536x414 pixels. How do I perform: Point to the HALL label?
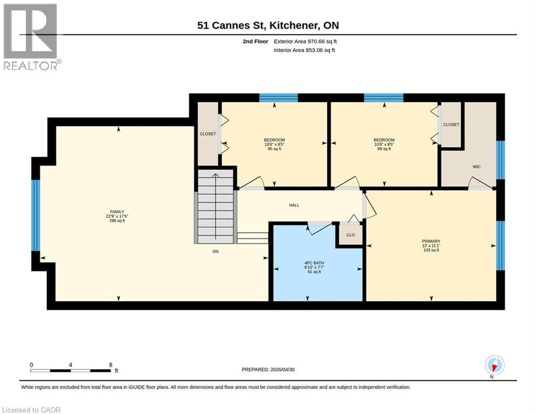(x=294, y=205)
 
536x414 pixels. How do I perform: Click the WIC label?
(x=477, y=167)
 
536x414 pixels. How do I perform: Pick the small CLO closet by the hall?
(x=351, y=235)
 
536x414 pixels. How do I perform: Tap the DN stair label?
(x=215, y=251)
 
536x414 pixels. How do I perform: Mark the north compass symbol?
(x=494, y=365)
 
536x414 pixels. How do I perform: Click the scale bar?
(x=71, y=370)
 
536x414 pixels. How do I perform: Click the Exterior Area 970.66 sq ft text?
(x=305, y=42)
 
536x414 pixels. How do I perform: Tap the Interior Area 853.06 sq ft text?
(x=304, y=50)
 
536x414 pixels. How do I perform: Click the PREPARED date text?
(x=268, y=370)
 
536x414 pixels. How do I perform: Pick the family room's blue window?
(x=36, y=216)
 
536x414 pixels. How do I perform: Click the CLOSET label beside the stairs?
(x=208, y=134)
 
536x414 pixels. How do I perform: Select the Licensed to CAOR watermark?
(x=31, y=410)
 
